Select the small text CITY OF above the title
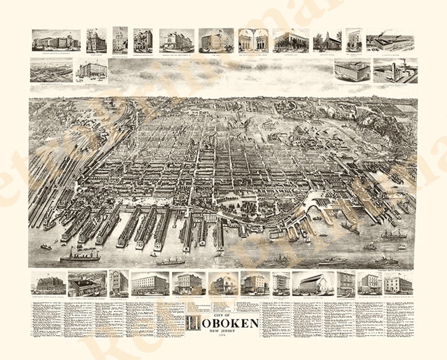point(223,315)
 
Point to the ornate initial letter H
point(192,323)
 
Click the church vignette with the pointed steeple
point(327,41)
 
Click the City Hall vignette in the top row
point(216,41)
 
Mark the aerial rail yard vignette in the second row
point(51,70)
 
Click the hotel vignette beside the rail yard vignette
point(91,70)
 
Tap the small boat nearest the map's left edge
point(46,247)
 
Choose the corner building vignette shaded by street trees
point(291,41)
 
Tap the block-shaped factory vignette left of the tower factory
point(352,71)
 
